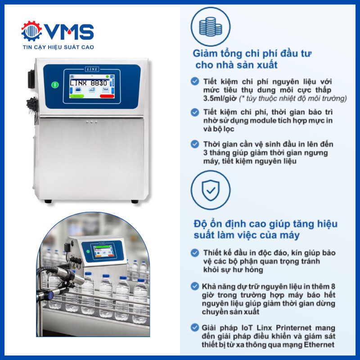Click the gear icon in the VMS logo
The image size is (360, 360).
tap(31, 31)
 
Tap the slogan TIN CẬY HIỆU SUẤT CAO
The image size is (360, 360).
tap(58, 47)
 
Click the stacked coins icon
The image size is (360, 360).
tap(211, 27)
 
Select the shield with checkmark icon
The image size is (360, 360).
tap(211, 190)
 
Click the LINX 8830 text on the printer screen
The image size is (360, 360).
tap(89, 83)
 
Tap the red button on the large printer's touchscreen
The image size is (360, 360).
tap(107, 96)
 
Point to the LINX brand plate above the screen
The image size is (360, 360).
tap(92, 69)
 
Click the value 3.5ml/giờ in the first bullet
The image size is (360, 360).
tap(220, 99)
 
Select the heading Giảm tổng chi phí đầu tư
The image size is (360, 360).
tap(252, 54)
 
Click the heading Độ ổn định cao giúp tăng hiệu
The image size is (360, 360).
tap(265, 224)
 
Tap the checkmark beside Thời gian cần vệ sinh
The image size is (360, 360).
tap(195, 144)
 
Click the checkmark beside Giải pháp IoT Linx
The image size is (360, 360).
tap(195, 328)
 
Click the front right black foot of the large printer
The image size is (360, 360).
tap(135, 202)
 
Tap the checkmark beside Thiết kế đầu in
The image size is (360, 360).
tap(195, 252)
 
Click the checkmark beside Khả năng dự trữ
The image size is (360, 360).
tap(195, 286)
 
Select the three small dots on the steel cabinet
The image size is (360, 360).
tap(92, 122)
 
